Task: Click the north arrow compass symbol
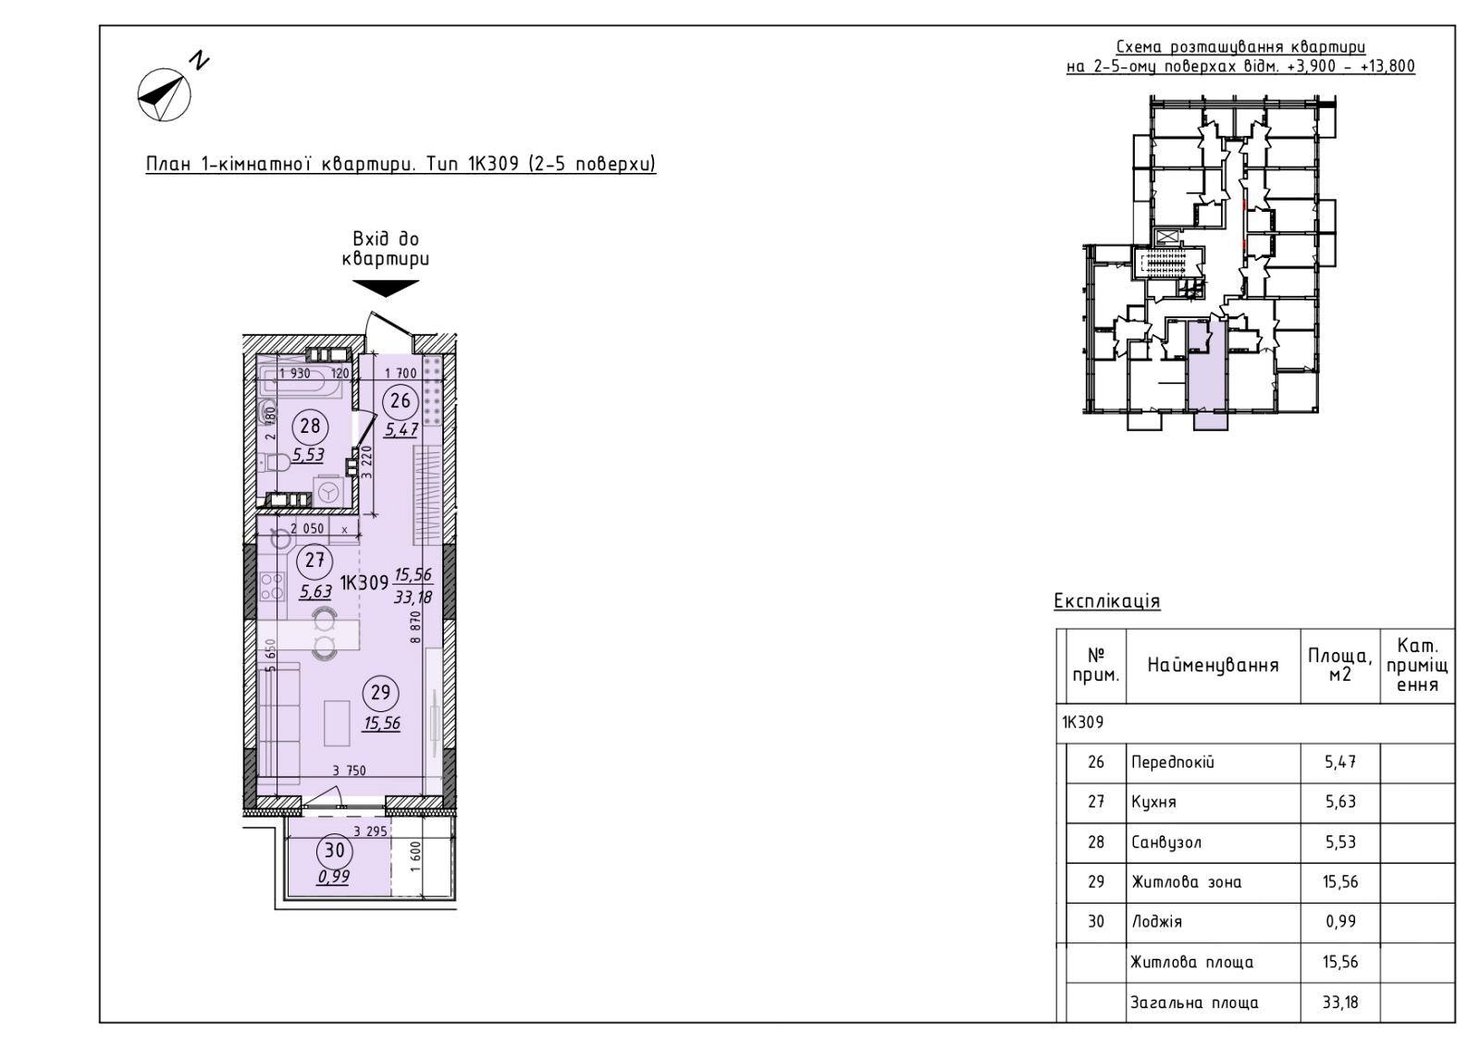(165, 95)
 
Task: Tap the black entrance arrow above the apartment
(386, 288)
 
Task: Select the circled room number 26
(401, 400)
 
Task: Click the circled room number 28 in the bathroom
(310, 426)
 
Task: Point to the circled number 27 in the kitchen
(314, 560)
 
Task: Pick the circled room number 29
(380, 692)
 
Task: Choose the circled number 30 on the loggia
(334, 850)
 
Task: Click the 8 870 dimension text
(415, 627)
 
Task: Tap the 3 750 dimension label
(349, 770)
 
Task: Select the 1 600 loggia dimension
(415, 856)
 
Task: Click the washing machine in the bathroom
(329, 492)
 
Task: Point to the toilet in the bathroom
(277, 463)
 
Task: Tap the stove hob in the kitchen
(272, 585)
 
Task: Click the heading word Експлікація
(1106, 601)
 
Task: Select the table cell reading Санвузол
(1166, 843)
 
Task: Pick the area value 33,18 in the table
(1340, 1002)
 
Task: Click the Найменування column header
(1213, 665)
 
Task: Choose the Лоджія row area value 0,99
(1340, 921)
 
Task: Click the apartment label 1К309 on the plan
(364, 583)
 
